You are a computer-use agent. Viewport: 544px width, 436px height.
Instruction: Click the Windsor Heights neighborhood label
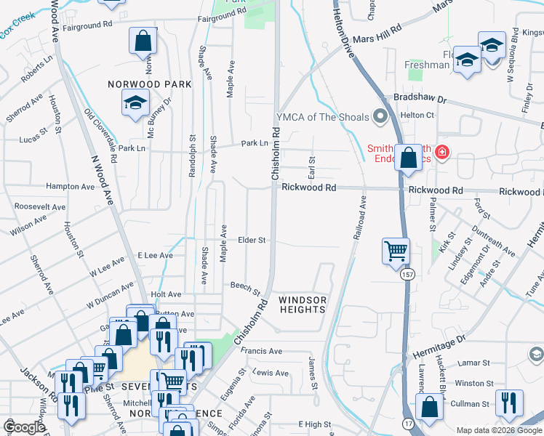tap(303, 304)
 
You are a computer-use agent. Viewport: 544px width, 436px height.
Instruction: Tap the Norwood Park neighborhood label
tap(150, 84)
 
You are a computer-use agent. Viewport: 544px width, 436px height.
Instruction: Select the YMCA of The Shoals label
tap(322, 116)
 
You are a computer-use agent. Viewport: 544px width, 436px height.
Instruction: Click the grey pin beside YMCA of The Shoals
tap(379, 116)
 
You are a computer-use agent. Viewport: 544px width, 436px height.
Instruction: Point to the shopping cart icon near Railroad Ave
tap(396, 251)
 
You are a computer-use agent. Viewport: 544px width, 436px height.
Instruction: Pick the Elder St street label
tap(252, 240)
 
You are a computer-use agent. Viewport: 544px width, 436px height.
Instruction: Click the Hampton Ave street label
tap(71, 187)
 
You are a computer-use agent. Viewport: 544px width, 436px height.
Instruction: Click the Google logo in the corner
tap(23, 427)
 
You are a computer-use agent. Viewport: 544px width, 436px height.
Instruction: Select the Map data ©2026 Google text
tap(499, 430)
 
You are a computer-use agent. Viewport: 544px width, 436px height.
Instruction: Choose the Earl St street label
tap(311, 168)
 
